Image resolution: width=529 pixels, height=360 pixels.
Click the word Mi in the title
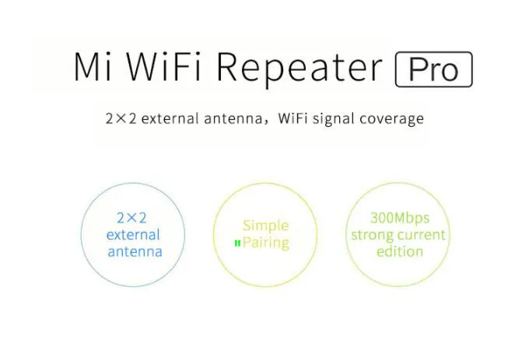(x=93, y=66)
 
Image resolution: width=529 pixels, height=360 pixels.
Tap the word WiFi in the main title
(x=163, y=66)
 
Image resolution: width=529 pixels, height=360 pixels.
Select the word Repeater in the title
(x=300, y=68)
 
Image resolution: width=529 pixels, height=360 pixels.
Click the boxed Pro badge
(x=434, y=69)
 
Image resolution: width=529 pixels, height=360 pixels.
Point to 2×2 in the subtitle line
(x=121, y=119)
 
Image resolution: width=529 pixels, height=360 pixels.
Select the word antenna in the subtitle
(x=233, y=119)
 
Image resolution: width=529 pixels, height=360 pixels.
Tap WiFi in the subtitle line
(x=293, y=118)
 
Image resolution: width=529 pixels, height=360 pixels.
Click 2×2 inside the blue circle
(x=131, y=218)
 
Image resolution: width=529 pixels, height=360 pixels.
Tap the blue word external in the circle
(x=133, y=235)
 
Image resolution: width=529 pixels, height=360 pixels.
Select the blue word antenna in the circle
(x=135, y=252)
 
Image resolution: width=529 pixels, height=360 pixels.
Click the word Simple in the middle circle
(x=266, y=225)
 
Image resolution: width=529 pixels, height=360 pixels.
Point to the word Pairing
(x=266, y=243)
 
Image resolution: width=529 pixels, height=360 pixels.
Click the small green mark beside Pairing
(x=237, y=243)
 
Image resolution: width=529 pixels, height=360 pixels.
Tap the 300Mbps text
(x=400, y=218)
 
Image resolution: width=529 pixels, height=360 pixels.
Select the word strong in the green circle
(x=373, y=236)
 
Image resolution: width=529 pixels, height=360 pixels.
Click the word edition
(x=400, y=251)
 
